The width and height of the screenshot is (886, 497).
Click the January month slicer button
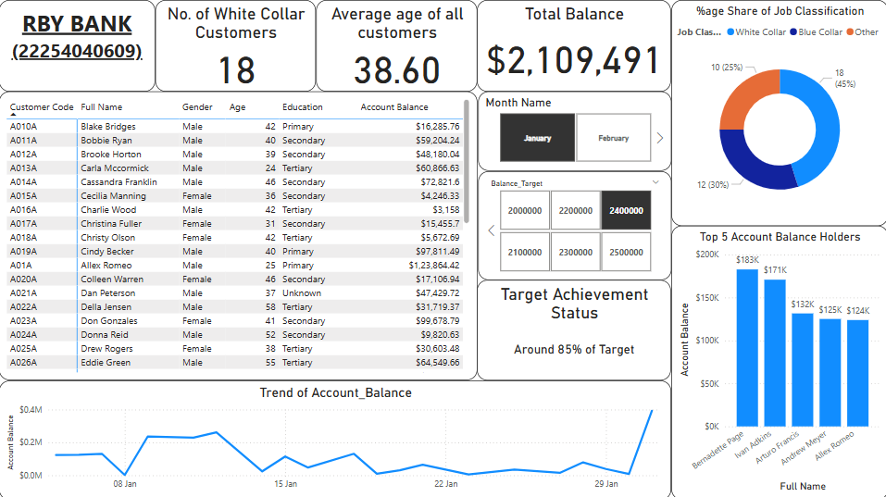537,138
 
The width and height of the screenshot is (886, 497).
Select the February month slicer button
613,138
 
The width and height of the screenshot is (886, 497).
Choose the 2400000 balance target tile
626,211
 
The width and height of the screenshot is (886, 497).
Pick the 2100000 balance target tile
525,252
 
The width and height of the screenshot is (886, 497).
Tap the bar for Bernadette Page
747,348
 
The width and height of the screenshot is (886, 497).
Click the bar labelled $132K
803,370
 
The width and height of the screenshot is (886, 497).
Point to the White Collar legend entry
756,32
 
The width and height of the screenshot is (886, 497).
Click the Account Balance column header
393,106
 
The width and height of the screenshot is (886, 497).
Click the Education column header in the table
303,106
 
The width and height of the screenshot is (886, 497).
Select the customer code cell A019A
23,252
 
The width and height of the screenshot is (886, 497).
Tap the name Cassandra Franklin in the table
119,181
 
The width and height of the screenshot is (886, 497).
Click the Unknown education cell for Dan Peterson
302,293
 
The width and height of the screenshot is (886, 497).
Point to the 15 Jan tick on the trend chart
285,483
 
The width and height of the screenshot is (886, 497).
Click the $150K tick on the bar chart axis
707,298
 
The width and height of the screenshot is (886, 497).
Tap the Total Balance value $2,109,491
573,60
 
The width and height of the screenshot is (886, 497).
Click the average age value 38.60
396,70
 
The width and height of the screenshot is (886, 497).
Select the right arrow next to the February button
659,138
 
